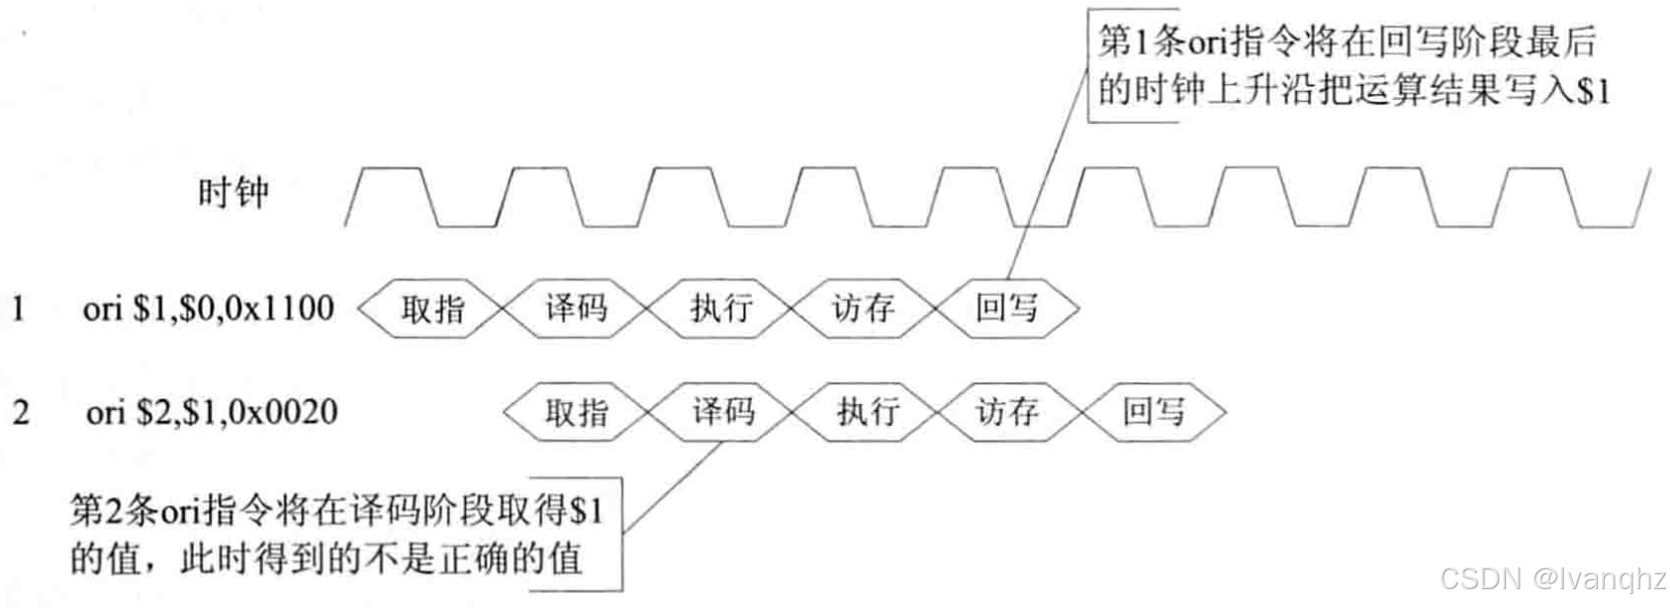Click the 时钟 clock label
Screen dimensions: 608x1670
[232, 192]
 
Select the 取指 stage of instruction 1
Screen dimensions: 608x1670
[432, 309]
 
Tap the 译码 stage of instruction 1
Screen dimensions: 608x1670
[576, 309]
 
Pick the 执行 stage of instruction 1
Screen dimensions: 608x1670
[720, 309]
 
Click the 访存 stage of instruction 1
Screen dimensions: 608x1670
[863, 309]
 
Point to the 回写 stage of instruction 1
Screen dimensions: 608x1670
[1006, 309]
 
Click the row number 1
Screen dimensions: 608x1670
[18, 309]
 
